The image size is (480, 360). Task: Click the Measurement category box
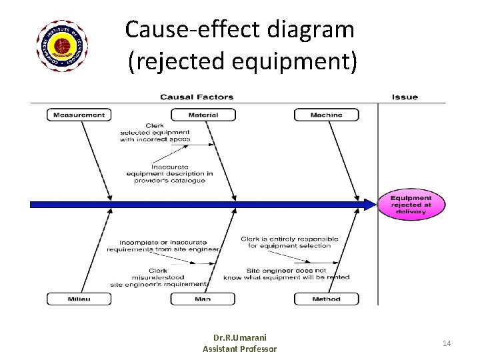79,115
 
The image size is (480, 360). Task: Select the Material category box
203,115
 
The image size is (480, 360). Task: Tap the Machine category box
326,115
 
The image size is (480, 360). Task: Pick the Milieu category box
79,299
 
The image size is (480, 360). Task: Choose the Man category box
203,299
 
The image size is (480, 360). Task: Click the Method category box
326,299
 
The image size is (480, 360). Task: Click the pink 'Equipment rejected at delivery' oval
411,205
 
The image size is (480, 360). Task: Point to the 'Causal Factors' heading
197,97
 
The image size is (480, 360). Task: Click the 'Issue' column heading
405,97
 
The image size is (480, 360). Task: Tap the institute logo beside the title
62,46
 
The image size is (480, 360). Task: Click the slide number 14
447,343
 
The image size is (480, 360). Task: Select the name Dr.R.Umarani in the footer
240,337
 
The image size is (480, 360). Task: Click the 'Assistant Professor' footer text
240,349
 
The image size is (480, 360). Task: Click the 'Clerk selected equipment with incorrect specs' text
155,133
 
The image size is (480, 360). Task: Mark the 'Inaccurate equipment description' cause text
169,173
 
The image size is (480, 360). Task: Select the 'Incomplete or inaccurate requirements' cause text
163,245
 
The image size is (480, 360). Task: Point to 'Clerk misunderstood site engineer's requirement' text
159,277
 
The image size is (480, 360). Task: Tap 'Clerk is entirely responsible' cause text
289,242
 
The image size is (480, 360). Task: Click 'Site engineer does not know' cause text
286,274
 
